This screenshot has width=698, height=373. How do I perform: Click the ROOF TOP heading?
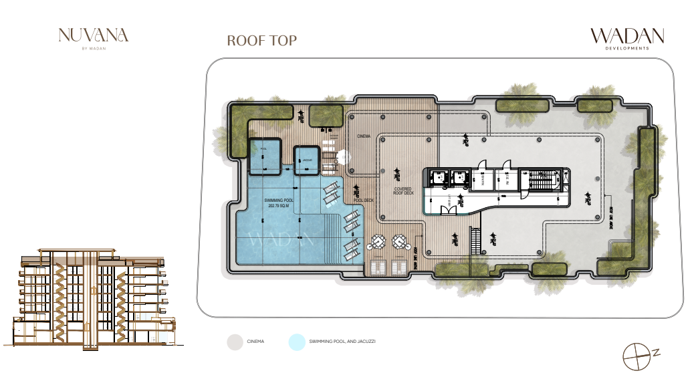coord(261,40)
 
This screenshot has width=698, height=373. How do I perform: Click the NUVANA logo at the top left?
coord(93,37)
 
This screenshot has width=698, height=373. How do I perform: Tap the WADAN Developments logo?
coord(626,39)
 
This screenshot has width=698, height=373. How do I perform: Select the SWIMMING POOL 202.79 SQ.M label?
coord(281,203)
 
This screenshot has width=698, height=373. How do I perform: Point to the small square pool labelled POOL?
coord(264,157)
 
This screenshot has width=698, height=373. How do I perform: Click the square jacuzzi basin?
coord(308,161)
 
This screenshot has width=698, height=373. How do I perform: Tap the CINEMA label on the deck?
coord(363,136)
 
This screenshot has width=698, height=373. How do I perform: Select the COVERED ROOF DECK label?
coord(402,191)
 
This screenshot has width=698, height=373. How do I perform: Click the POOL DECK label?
coord(363,200)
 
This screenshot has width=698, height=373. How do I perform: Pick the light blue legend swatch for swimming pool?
coord(296,342)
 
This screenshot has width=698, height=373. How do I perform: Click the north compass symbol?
coord(636,355)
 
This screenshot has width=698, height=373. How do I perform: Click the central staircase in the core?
coord(541,180)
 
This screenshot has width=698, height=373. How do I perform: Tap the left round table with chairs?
coord(378,241)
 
